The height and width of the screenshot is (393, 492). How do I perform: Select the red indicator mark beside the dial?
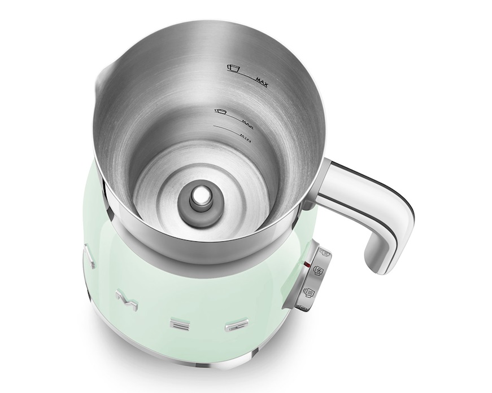click(306, 263)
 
